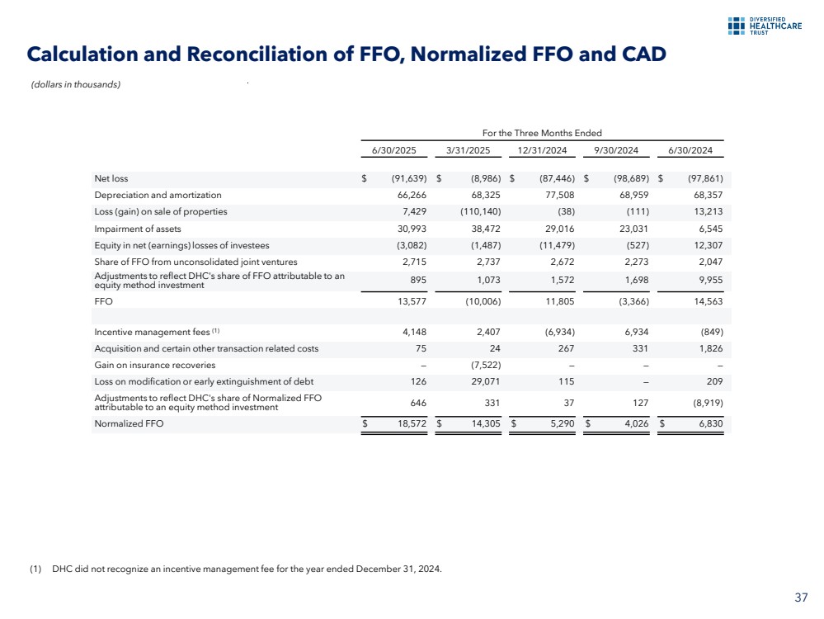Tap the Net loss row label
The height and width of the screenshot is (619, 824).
(x=111, y=178)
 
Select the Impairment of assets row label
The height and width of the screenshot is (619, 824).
(x=138, y=229)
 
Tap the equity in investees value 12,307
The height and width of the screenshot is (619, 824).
(x=705, y=245)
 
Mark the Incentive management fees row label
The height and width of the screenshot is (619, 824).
(x=156, y=332)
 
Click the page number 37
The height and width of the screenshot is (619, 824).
(x=801, y=597)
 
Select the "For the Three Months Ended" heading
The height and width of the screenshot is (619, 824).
(x=542, y=133)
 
